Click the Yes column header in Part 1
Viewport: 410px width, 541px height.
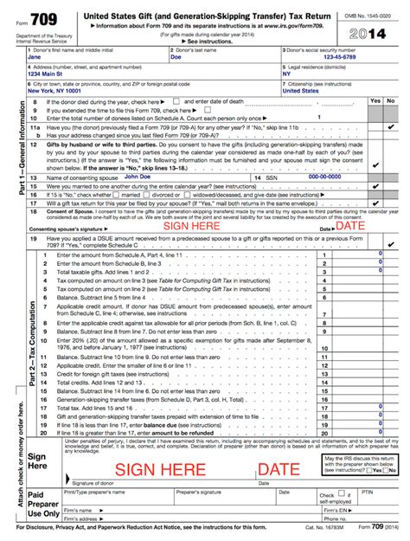[x=375, y=101]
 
